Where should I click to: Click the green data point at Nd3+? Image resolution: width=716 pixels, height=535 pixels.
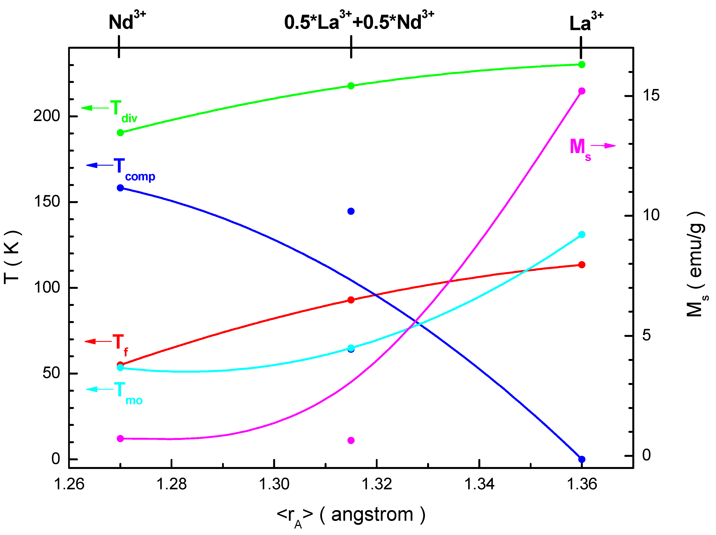[120, 133]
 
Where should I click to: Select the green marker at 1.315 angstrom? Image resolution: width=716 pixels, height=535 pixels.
[351, 86]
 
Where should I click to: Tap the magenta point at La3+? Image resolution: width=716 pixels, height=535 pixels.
[581, 91]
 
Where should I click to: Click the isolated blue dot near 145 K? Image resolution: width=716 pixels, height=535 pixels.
[351, 211]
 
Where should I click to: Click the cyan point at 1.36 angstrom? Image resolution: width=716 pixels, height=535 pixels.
[581, 234]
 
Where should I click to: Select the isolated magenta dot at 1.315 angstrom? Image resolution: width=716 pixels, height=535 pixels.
[351, 440]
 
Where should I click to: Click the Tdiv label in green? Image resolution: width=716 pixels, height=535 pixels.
[123, 111]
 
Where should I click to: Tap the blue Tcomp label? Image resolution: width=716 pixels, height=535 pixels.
[133, 169]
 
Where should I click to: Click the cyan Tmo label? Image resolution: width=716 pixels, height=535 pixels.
[128, 393]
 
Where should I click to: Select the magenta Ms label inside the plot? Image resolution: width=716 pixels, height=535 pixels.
[580, 149]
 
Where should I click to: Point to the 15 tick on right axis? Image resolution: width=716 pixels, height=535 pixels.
[651, 95]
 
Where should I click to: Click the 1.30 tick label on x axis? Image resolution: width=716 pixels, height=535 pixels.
[274, 484]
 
